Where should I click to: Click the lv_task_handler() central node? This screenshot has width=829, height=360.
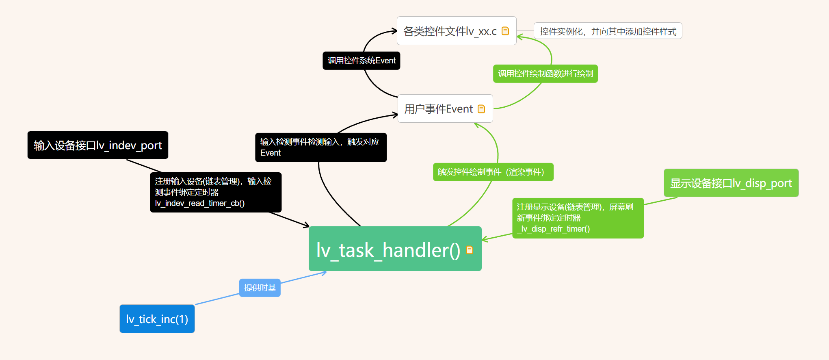click(x=388, y=249)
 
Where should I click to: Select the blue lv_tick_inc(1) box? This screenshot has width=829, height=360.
click(x=157, y=319)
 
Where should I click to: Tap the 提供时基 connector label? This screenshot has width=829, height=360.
click(x=260, y=288)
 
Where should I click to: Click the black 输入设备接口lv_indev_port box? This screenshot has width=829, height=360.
click(x=97, y=145)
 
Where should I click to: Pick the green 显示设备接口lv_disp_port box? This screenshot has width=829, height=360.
click(x=731, y=183)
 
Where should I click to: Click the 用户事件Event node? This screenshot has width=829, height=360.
click(x=439, y=108)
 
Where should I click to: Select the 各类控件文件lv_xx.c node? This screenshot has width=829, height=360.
click(x=450, y=31)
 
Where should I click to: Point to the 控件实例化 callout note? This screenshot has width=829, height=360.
click(x=608, y=31)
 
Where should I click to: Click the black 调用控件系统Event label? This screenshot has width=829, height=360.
click(x=361, y=61)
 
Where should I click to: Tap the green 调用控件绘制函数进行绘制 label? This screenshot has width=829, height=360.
click(x=545, y=74)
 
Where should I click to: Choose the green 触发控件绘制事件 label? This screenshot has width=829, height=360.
click(x=493, y=172)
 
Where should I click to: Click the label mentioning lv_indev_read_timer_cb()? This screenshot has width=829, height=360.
click(x=215, y=192)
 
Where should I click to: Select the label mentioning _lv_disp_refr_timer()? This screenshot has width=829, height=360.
click(x=578, y=218)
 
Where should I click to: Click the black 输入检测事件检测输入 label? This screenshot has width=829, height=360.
click(x=320, y=147)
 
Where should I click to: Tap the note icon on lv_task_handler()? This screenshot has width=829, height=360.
click(x=470, y=250)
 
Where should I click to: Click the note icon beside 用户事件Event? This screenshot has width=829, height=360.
click(x=481, y=109)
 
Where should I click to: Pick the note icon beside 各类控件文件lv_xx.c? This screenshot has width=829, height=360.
click(x=505, y=31)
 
